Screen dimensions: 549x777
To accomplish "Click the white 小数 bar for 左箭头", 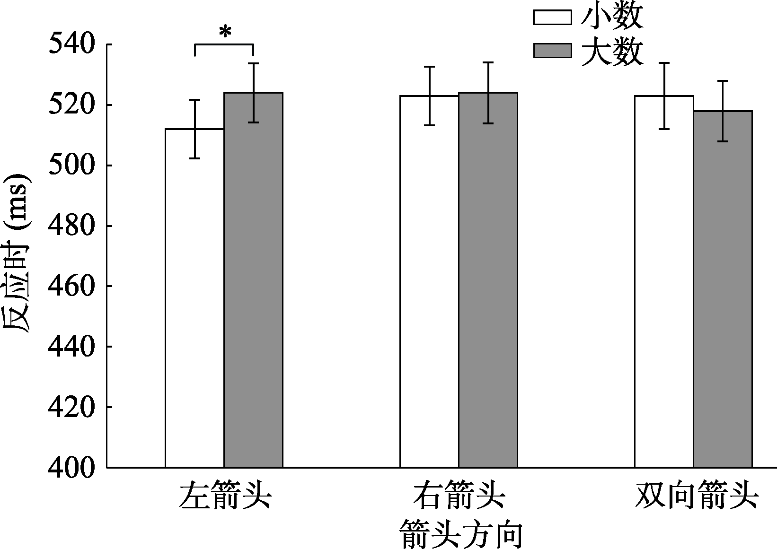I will [194, 298].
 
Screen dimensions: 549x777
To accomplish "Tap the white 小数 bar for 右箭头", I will [429, 281].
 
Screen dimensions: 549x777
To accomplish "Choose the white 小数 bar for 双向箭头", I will [664, 281].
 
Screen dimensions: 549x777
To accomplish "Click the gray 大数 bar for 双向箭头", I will [723, 289].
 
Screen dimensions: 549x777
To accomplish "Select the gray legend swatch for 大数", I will [552, 50].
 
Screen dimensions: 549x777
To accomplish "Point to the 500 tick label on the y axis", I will [71, 165].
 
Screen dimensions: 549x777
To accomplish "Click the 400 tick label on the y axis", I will [71, 468].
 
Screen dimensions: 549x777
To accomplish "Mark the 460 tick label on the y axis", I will [71, 286].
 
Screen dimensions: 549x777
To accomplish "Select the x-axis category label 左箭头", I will [225, 496].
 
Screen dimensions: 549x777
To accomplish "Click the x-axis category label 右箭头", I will [459, 496].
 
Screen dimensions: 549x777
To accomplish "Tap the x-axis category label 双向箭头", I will [697, 496].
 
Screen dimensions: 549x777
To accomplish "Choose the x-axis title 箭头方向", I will [461, 534].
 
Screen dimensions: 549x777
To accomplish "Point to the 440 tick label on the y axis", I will [71, 347].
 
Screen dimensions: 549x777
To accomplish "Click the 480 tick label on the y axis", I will [71, 226].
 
